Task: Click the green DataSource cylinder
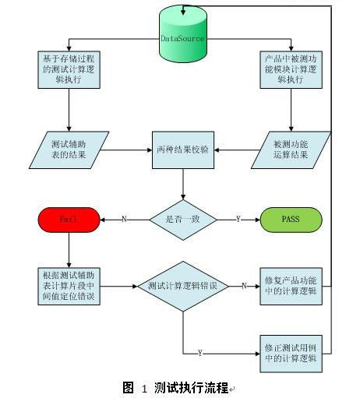coord(183,33)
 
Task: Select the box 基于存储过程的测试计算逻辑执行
coord(69,69)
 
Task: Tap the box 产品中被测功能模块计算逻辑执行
coord(291,69)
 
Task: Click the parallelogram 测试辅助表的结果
coord(69,150)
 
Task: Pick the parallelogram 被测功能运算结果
coord(291,150)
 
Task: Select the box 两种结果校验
coord(183,150)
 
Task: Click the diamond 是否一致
coord(183,220)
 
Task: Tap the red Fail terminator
coord(69,220)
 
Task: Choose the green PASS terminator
coord(291,220)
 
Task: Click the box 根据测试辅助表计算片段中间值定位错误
coord(69,286)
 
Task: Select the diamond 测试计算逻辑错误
coord(183,286)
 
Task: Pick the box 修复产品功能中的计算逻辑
coord(291,286)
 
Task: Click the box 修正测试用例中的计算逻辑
coord(291,354)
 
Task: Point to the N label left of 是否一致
coord(124,220)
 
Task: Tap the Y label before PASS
coord(238,220)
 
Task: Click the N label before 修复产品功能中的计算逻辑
coord(244,286)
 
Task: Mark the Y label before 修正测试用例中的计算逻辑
coord(200,353)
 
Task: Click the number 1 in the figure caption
coord(144,389)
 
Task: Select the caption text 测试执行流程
coord(191,388)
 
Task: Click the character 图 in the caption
coord(129,388)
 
